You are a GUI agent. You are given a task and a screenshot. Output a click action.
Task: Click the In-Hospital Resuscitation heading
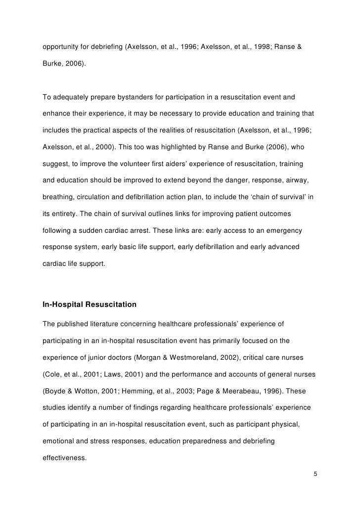[90, 305]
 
